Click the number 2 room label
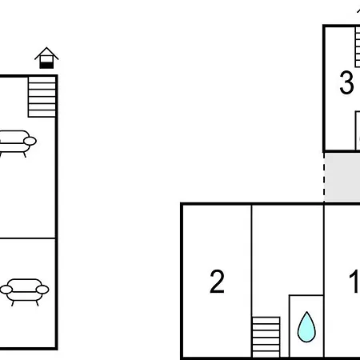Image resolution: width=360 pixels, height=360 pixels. click(x=217, y=282)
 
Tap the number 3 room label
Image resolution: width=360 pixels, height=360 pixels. click(x=346, y=82)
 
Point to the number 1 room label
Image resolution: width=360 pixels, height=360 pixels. click(x=355, y=282)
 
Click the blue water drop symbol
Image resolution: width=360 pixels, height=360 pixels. click(x=306, y=326)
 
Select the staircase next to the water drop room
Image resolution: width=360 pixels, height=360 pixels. click(x=266, y=337)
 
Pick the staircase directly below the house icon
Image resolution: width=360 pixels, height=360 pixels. click(x=42, y=97)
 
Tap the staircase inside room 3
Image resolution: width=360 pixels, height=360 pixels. click(x=358, y=47)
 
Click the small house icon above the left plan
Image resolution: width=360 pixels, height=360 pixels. click(x=46, y=58)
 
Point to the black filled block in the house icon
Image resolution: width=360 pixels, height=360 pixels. click(x=46, y=66)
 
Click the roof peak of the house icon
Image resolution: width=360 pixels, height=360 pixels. click(x=46, y=48)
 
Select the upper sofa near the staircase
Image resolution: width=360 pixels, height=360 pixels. click(x=17, y=143)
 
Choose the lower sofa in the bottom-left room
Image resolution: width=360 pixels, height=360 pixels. click(x=24, y=292)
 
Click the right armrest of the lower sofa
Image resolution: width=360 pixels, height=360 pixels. click(x=42, y=290)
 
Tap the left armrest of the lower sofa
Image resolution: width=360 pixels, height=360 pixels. click(x=6, y=290)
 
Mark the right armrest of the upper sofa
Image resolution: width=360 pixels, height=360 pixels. click(x=30, y=141)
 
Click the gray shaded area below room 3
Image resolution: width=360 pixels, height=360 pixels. click(x=342, y=177)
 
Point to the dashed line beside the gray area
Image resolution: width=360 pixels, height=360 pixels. click(x=324, y=178)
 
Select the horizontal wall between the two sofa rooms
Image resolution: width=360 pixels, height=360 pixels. click(x=27, y=238)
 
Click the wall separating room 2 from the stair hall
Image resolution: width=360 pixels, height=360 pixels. click(x=251, y=281)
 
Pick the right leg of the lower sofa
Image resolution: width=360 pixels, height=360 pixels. click(x=37, y=303)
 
